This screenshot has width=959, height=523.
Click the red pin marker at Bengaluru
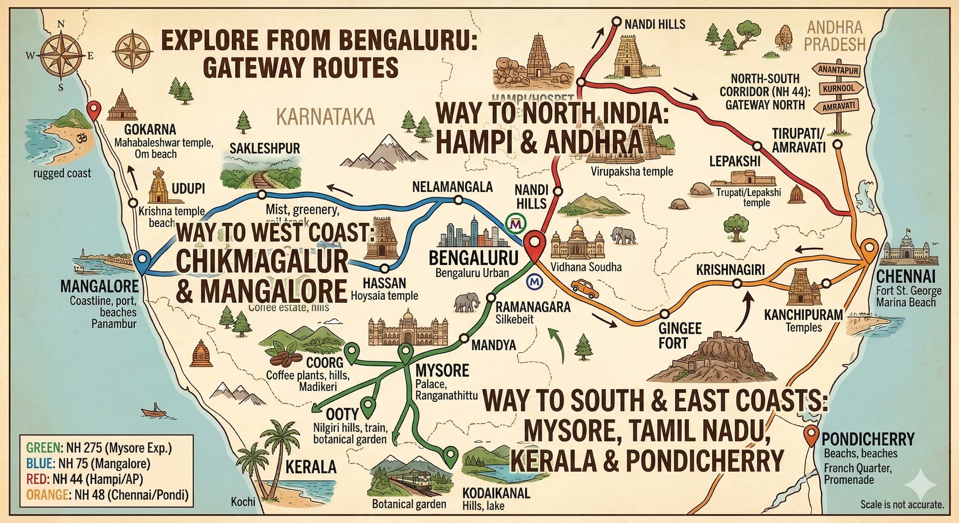pos(534,244)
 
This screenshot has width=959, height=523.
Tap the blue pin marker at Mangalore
pos(142,261)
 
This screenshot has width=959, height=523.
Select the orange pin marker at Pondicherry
pos(811,435)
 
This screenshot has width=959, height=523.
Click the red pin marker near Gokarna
pos(93,109)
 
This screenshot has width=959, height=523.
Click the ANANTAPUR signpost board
pos(838,70)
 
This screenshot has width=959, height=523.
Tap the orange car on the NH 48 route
pos(584,288)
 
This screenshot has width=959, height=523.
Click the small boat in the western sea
pos(154,412)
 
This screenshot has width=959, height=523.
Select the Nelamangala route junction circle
pos(458,200)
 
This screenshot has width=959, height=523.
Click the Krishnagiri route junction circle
pos(737,284)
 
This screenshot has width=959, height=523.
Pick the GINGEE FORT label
pos(679,336)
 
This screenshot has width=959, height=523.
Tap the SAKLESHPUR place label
pos(265,148)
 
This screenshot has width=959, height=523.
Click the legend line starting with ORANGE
pos(107,495)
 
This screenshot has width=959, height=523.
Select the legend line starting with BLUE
pos(88,464)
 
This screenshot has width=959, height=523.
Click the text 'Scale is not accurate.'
pos(902,505)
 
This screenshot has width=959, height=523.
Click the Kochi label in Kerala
pos(243,501)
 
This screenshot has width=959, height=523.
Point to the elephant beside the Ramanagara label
pos(467,302)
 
